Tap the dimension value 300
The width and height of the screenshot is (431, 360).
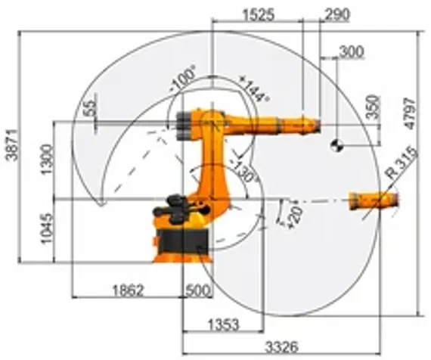352,51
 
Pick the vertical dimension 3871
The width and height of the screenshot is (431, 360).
11,144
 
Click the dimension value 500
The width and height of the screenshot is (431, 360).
197,290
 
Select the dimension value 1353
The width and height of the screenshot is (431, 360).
222,324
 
